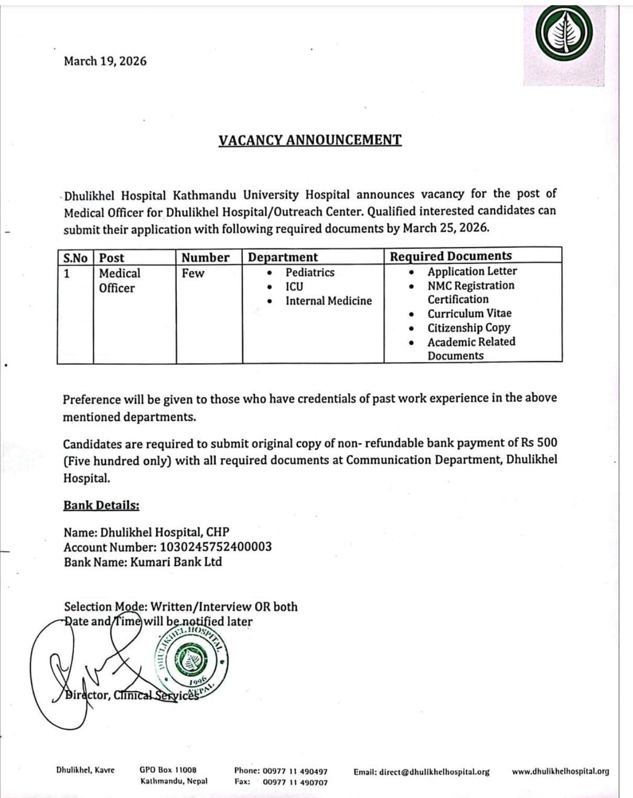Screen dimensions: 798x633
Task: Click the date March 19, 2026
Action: coord(105,61)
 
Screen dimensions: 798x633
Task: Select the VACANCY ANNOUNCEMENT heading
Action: coord(310,140)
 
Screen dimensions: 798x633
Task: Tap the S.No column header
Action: coord(75,258)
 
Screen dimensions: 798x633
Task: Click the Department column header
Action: coord(283,257)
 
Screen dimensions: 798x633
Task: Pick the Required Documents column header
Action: coord(450,256)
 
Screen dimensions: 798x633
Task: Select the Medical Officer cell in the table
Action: coord(120,281)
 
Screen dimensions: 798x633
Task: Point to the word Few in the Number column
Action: coord(193,273)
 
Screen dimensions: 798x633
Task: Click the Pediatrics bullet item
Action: coord(309,272)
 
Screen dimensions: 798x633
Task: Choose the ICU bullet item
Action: coord(294,286)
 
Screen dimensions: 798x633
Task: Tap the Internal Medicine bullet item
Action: coord(328,301)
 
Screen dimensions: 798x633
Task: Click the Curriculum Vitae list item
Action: coord(469,314)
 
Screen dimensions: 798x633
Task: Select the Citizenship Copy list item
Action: coord(468,328)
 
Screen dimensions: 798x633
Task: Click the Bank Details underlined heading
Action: coord(101,505)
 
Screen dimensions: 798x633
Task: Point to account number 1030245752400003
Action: coord(216,547)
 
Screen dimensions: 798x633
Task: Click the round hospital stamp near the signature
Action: coord(190,662)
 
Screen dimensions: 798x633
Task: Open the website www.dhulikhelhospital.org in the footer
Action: coord(560,771)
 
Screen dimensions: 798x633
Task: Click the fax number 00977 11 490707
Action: coord(295,782)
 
